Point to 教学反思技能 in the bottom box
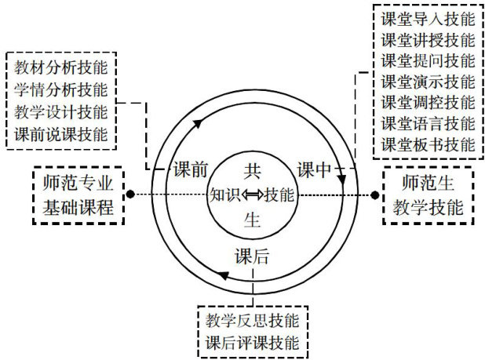click(253, 322)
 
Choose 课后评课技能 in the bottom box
click(253, 343)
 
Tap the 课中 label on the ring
click(315, 169)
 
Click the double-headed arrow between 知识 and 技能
click(252, 195)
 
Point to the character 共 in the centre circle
click(252, 169)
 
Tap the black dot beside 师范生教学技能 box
click(374, 194)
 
